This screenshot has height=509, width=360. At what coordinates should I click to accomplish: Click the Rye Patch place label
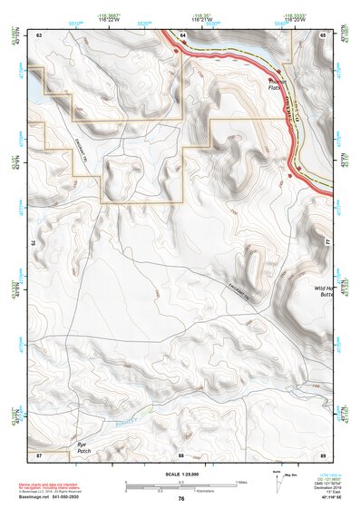(83, 447)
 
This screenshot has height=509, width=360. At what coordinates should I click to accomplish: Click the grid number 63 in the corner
(40, 34)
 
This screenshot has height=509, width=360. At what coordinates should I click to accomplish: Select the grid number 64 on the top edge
(182, 34)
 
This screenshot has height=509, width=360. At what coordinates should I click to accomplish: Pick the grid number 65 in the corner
(324, 34)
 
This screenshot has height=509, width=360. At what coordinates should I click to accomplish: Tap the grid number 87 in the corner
(40, 454)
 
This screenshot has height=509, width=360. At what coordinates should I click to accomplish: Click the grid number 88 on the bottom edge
(181, 454)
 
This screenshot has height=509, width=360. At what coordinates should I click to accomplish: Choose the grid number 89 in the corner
(324, 454)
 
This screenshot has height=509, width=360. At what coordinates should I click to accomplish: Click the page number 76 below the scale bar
(181, 498)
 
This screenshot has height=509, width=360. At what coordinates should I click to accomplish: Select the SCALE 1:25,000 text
(181, 475)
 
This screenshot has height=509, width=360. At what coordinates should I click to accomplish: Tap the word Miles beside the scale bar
(240, 482)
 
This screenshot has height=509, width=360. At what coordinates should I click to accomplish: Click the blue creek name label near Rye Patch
(134, 419)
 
